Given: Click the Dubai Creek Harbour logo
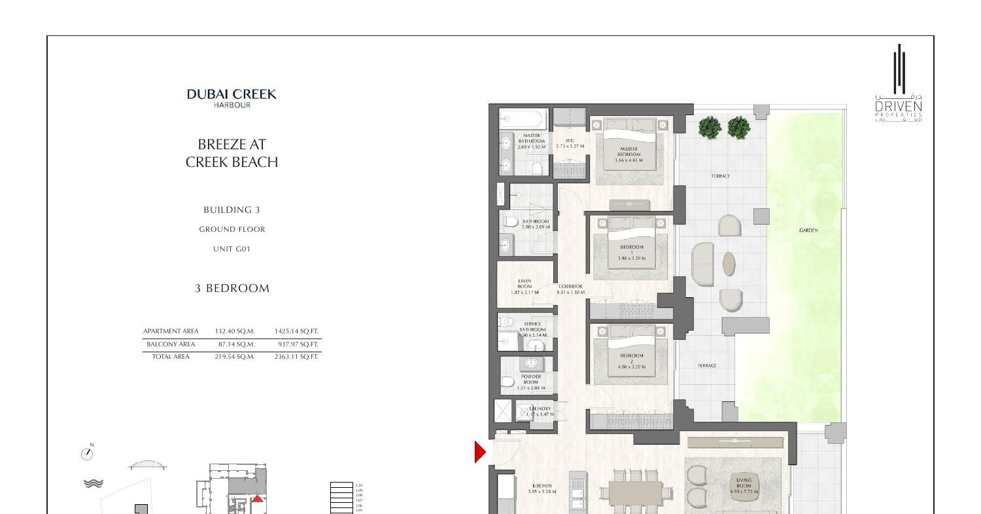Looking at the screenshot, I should point(232,98).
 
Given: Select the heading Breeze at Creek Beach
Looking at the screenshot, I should point(232,153).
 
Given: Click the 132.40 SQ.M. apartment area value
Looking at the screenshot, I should point(235,331).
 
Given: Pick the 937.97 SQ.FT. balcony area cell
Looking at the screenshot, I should point(296,344).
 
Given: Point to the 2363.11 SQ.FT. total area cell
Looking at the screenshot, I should point(296,357).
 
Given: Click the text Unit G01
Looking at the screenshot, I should point(232,249).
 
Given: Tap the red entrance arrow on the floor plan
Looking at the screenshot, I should point(480,452).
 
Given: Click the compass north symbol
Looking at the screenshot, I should point(88,452).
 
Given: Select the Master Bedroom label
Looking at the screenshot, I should point(628,154).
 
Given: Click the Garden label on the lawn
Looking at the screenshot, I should point(808,230).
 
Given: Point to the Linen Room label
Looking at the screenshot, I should point(525,287).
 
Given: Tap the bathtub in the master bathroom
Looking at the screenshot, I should point(523,120).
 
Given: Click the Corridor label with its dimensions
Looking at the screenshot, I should point(570,289).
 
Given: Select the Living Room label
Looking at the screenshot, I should point(744,486).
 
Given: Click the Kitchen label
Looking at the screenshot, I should point(542,488).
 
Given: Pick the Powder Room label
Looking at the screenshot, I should point(530,382).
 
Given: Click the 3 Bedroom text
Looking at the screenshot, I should point(232,288).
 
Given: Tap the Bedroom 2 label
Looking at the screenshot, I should point(631,361).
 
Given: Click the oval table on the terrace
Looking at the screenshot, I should point(729,264).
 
